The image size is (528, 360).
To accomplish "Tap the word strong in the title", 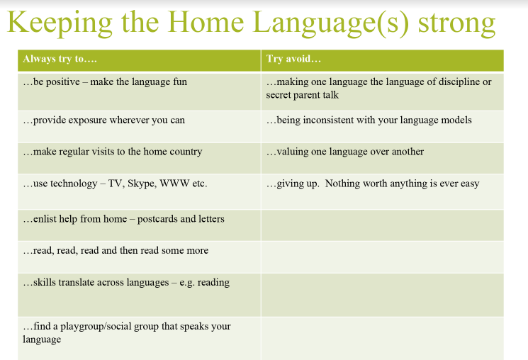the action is pyautogui.click(x=456, y=23).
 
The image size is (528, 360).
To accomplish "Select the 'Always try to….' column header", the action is pyautogui.click(x=60, y=60).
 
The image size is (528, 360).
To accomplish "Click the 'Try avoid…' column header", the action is pyautogui.click(x=293, y=59).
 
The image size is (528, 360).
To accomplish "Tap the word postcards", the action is pyautogui.click(x=157, y=219).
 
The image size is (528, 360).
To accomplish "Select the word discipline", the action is pyautogui.click(x=458, y=81).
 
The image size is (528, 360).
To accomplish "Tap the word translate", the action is pyautogui.click(x=77, y=282).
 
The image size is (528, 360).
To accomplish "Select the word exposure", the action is pyautogui.click(x=87, y=120).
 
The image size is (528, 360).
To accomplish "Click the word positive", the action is pyautogui.click(x=62, y=82).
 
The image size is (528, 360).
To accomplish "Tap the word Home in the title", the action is pyautogui.click(x=206, y=22).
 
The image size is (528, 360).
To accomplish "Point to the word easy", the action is pyautogui.click(x=470, y=184).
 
